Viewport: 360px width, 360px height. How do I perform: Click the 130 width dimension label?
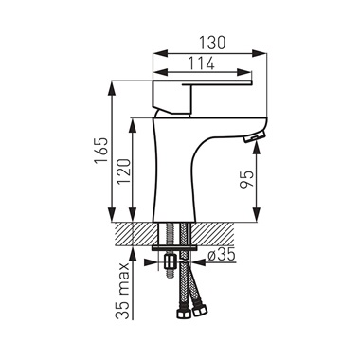tap(212, 43)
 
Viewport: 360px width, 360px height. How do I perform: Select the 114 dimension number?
tap(202, 63)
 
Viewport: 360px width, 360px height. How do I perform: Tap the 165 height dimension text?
tap(102, 151)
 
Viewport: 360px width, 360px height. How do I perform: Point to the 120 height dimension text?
tap(124, 171)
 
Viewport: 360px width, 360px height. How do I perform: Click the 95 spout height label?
tap(246, 179)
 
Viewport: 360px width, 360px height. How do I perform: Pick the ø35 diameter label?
tap(222, 255)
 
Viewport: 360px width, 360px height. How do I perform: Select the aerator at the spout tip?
tap(254, 136)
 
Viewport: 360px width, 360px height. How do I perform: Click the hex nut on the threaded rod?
tap(170, 261)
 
